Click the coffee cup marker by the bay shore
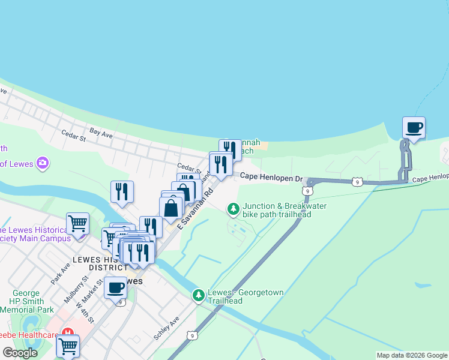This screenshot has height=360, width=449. pos(414,128)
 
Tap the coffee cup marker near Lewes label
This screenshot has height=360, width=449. pos(115,287)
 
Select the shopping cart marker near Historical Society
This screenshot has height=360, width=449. pos(78,224)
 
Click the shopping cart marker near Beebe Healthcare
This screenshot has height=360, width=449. pos(68,346)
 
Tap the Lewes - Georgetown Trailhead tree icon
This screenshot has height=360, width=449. pos(199,295)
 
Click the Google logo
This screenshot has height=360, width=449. pos(20,353)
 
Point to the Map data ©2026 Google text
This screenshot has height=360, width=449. pos(411,355)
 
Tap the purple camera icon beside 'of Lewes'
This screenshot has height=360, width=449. pos(42,163)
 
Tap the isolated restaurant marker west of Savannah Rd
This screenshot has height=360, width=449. pos(122,191)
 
